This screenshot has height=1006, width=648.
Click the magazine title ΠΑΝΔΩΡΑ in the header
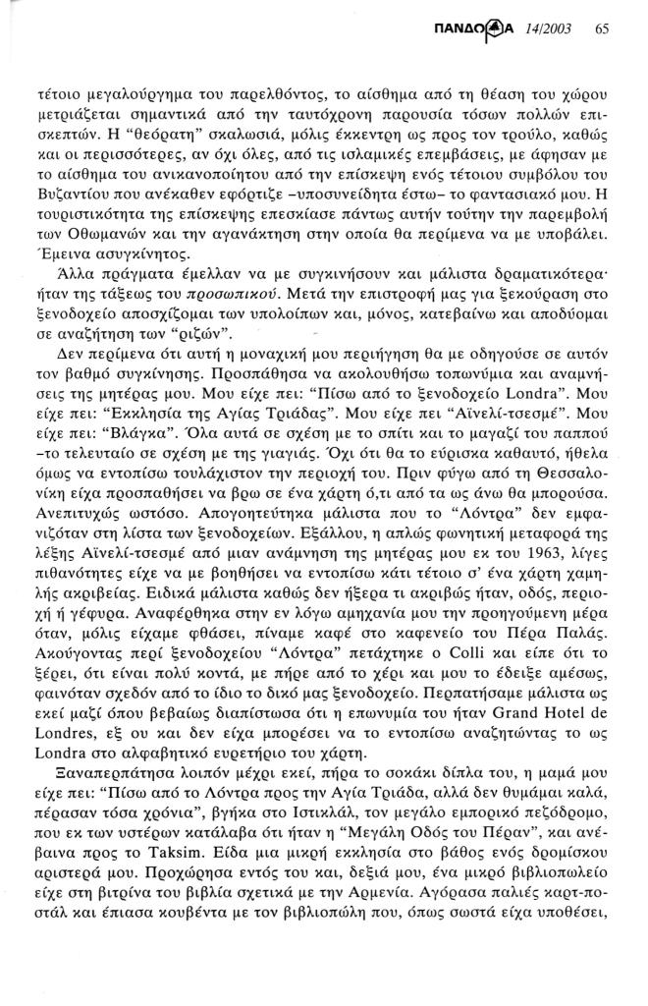click(x=476, y=28)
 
